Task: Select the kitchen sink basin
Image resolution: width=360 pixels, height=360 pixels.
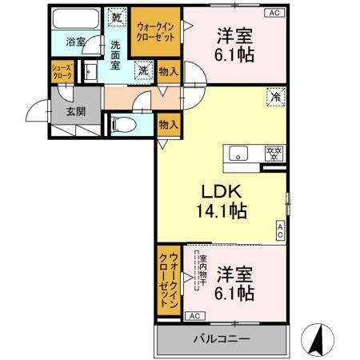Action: click(239, 153)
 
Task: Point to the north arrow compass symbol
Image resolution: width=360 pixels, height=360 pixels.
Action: click(321, 340)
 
